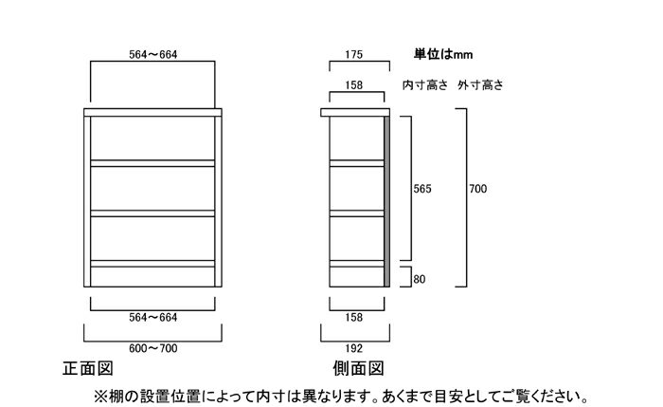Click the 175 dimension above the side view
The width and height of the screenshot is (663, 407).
(354, 55)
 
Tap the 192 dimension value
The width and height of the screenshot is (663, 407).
(354, 348)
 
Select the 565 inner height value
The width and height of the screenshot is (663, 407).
(422, 189)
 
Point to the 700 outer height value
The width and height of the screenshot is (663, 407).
(477, 189)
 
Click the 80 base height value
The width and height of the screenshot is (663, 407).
(419, 280)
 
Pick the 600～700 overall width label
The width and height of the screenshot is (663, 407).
(153, 348)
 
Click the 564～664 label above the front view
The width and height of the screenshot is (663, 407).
(153, 55)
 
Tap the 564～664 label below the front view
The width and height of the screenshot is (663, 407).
(153, 318)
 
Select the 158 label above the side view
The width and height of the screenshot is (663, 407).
(354, 85)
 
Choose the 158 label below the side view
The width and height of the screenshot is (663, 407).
(354, 318)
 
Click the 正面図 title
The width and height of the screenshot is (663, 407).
(88, 368)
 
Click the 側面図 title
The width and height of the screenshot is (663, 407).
(358, 368)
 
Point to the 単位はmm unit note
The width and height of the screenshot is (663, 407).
(443, 55)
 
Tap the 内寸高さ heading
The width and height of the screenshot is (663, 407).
(425, 85)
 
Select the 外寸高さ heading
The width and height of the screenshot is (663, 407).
(480, 85)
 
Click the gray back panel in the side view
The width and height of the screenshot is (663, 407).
(386, 201)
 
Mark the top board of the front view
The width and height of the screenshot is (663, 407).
(152, 113)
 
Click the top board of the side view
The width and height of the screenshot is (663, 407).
(355, 113)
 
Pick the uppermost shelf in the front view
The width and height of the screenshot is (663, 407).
(152, 163)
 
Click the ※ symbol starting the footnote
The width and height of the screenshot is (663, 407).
(100, 398)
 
